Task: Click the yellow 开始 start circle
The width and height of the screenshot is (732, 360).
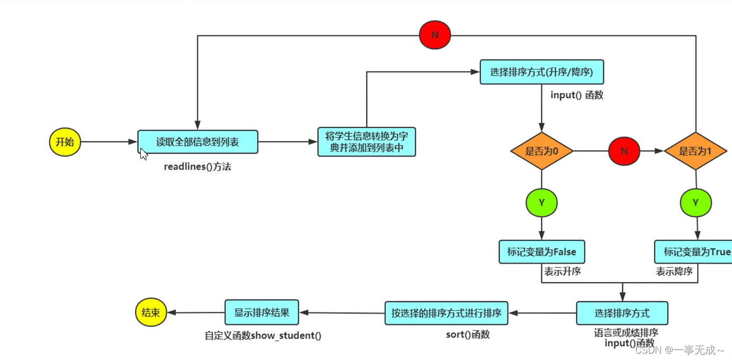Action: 65,142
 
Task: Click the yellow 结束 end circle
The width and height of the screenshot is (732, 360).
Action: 151,312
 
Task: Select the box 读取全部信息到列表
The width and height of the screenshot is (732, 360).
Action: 198,142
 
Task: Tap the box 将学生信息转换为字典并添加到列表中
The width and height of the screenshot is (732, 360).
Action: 367,142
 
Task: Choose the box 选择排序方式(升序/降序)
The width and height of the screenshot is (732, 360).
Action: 541,72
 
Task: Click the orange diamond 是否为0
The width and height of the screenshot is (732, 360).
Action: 541,151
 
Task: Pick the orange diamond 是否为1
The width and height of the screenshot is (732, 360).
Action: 695,151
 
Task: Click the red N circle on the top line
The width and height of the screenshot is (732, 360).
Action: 435,35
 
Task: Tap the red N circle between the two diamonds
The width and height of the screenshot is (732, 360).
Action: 624,151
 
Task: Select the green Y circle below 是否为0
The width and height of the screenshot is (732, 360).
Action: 541,203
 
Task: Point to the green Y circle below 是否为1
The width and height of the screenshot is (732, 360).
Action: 695,203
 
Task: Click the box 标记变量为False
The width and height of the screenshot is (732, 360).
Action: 541,252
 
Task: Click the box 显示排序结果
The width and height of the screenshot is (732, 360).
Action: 262,312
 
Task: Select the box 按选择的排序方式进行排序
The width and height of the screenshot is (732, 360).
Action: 446,313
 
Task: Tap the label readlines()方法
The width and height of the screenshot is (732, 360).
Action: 198,167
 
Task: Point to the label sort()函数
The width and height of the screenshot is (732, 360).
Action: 468,335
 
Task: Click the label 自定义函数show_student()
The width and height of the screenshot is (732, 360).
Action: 263,336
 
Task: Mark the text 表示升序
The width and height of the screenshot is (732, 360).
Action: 563,272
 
